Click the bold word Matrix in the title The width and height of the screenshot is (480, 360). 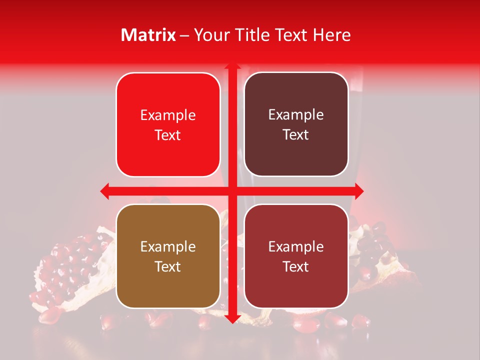(148, 35)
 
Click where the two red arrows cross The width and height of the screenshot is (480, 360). (232, 190)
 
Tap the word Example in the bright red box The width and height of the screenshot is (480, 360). (168, 115)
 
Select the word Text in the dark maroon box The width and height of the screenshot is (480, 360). (296, 135)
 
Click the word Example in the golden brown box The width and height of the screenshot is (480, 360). (168, 246)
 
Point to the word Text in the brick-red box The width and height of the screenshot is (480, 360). (296, 266)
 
